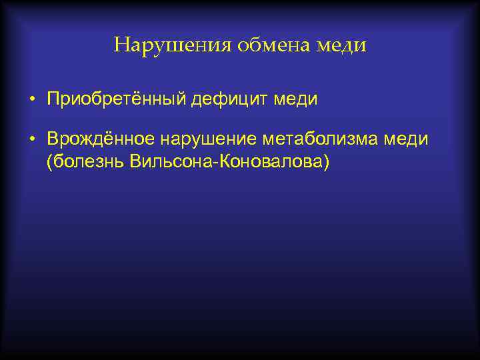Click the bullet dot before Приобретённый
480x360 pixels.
pos(33,100)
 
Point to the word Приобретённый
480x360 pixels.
pos(116,100)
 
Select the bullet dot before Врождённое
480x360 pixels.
pos(33,139)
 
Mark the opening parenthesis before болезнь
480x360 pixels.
pos(49,162)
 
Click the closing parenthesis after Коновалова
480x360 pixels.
pos(325,162)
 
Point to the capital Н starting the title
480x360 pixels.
pos(121,45)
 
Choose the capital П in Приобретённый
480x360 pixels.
pos(52,99)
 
